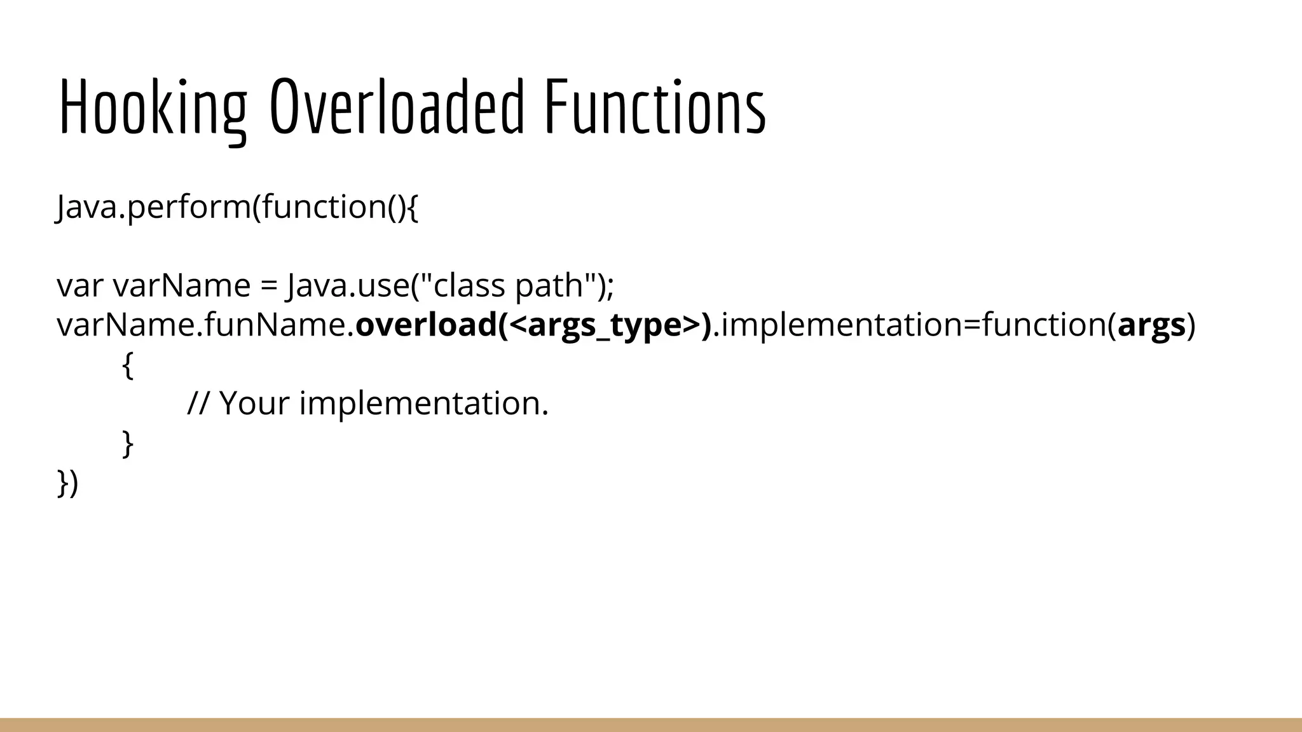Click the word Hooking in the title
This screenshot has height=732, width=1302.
(153, 108)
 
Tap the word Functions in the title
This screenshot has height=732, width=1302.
(655, 108)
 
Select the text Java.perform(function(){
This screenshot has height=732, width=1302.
(238, 207)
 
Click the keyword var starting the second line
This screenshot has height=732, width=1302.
(79, 286)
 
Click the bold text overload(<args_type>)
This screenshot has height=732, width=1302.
(533, 325)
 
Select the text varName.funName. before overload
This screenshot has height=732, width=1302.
(205, 325)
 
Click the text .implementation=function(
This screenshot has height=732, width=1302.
(914, 325)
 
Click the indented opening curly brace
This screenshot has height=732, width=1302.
(127, 365)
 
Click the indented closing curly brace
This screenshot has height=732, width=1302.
(127, 443)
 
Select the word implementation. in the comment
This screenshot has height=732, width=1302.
(423, 403)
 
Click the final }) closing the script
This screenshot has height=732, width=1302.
(67, 483)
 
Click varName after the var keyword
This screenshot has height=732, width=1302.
(182, 286)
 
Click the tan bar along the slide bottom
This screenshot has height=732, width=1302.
(651, 725)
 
